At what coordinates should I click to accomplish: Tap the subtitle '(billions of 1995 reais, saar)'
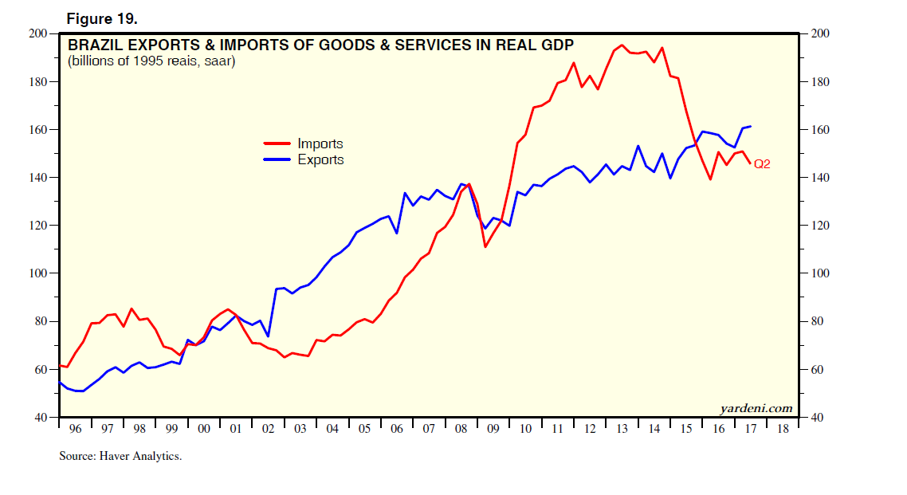coord(151,61)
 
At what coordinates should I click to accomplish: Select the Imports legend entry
coord(320,144)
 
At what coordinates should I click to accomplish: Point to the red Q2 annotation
coord(762,164)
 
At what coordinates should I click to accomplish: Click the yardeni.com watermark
coord(756,409)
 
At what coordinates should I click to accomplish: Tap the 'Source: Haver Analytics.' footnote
coord(120,457)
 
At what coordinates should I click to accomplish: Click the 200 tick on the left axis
coord(37,33)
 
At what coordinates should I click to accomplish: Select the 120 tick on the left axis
coord(37,226)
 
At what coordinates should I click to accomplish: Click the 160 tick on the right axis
coord(820,130)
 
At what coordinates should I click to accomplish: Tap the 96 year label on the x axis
coord(75,429)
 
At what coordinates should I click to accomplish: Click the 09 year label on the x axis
coord(493,429)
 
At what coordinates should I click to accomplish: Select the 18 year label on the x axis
coord(783,429)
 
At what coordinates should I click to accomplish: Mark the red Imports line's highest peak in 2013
coord(622,45)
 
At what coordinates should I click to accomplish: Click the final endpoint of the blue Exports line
coord(751,126)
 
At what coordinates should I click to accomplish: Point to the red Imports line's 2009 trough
coord(485,246)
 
